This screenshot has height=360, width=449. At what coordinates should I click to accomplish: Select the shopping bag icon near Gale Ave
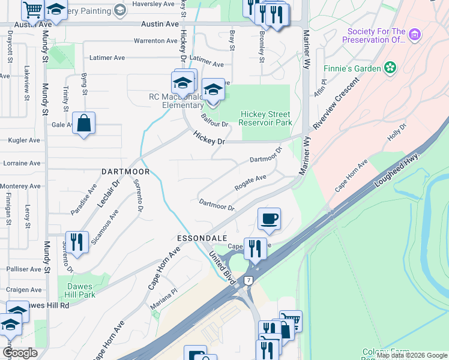coord(83,124)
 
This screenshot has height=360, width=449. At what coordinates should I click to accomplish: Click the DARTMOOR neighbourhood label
coord(125,172)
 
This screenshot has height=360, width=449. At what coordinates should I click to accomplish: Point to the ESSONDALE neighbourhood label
coord(200,238)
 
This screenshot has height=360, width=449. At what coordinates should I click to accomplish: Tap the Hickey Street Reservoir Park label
coord(265,118)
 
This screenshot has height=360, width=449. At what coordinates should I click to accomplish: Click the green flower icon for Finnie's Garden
coord(390,68)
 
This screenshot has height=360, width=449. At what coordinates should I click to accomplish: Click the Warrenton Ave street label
coord(155,41)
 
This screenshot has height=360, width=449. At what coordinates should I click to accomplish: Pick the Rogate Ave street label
coord(250,182)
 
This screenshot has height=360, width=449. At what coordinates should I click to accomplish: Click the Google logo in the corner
coord(20,352)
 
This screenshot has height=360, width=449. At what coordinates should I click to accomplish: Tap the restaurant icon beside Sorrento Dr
coord(76,242)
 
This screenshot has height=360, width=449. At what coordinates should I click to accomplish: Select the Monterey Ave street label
coord(20,187)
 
